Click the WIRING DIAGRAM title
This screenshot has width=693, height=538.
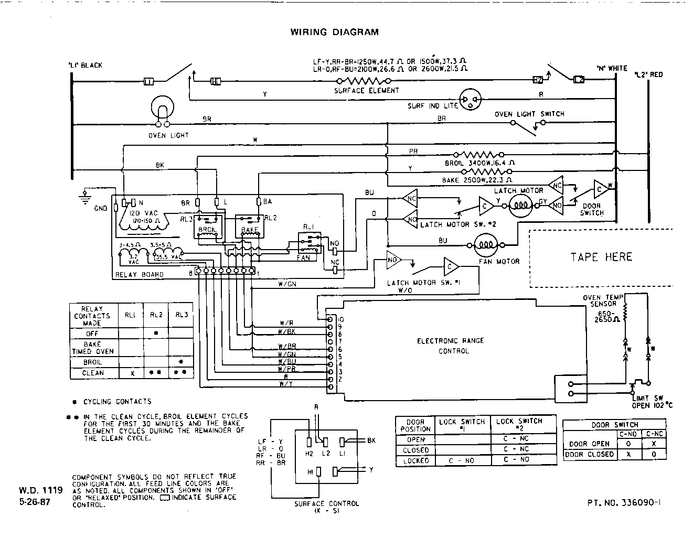point(334,32)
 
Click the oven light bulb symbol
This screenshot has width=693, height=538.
point(163,109)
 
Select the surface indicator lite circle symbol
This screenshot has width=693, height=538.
point(470,100)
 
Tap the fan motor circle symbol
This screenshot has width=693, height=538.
point(486,244)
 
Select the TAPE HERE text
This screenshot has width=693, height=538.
point(601,257)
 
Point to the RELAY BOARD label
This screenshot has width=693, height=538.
point(139,274)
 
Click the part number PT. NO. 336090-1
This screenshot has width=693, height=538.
point(624,502)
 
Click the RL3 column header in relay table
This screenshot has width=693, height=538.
point(181,315)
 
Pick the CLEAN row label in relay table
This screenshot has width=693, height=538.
point(93,373)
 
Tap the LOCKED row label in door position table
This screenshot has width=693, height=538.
point(415,460)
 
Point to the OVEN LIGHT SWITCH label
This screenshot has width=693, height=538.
point(529,114)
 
